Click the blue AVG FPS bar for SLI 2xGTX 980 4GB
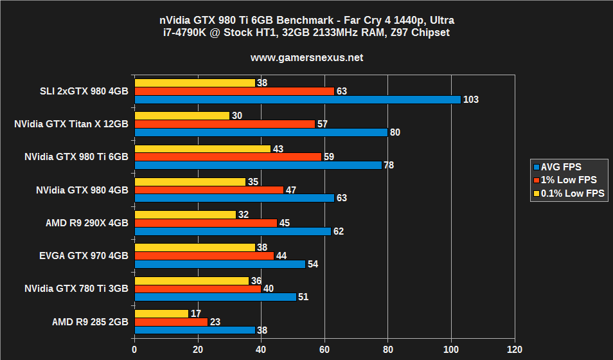pyautogui.click(x=298, y=100)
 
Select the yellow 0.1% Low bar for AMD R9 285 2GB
pyautogui.click(x=161, y=314)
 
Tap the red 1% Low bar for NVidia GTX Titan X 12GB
pyautogui.click(x=224, y=124)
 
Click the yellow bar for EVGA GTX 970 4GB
pyautogui.click(x=195, y=248)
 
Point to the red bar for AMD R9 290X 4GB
pyautogui.click(x=206, y=223)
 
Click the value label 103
pyautogui.click(x=471, y=100)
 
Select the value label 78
pyautogui.click(x=388, y=165)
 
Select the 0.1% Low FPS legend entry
pyautogui.click(x=569, y=193)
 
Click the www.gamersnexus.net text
pyautogui.click(x=306, y=57)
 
